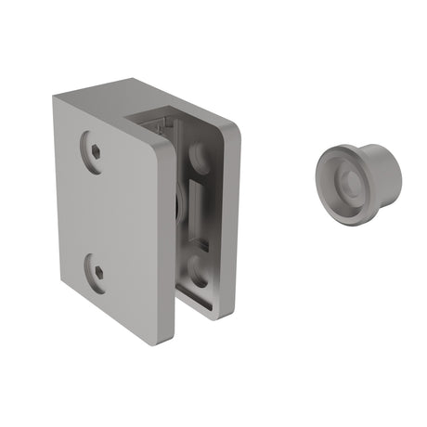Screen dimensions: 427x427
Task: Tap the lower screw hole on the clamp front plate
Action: (x=99, y=273)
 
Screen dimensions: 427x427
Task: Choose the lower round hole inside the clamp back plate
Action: (x=199, y=270)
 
